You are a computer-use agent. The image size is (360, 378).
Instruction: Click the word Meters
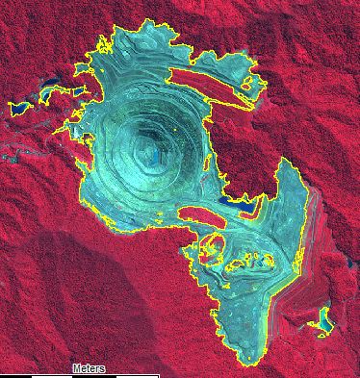click(x=89, y=368)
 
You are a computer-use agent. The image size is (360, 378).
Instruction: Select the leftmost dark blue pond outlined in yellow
click(x=17, y=106)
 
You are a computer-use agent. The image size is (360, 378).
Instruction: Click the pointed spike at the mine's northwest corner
click(x=99, y=41)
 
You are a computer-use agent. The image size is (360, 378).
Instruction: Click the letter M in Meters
click(x=76, y=368)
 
